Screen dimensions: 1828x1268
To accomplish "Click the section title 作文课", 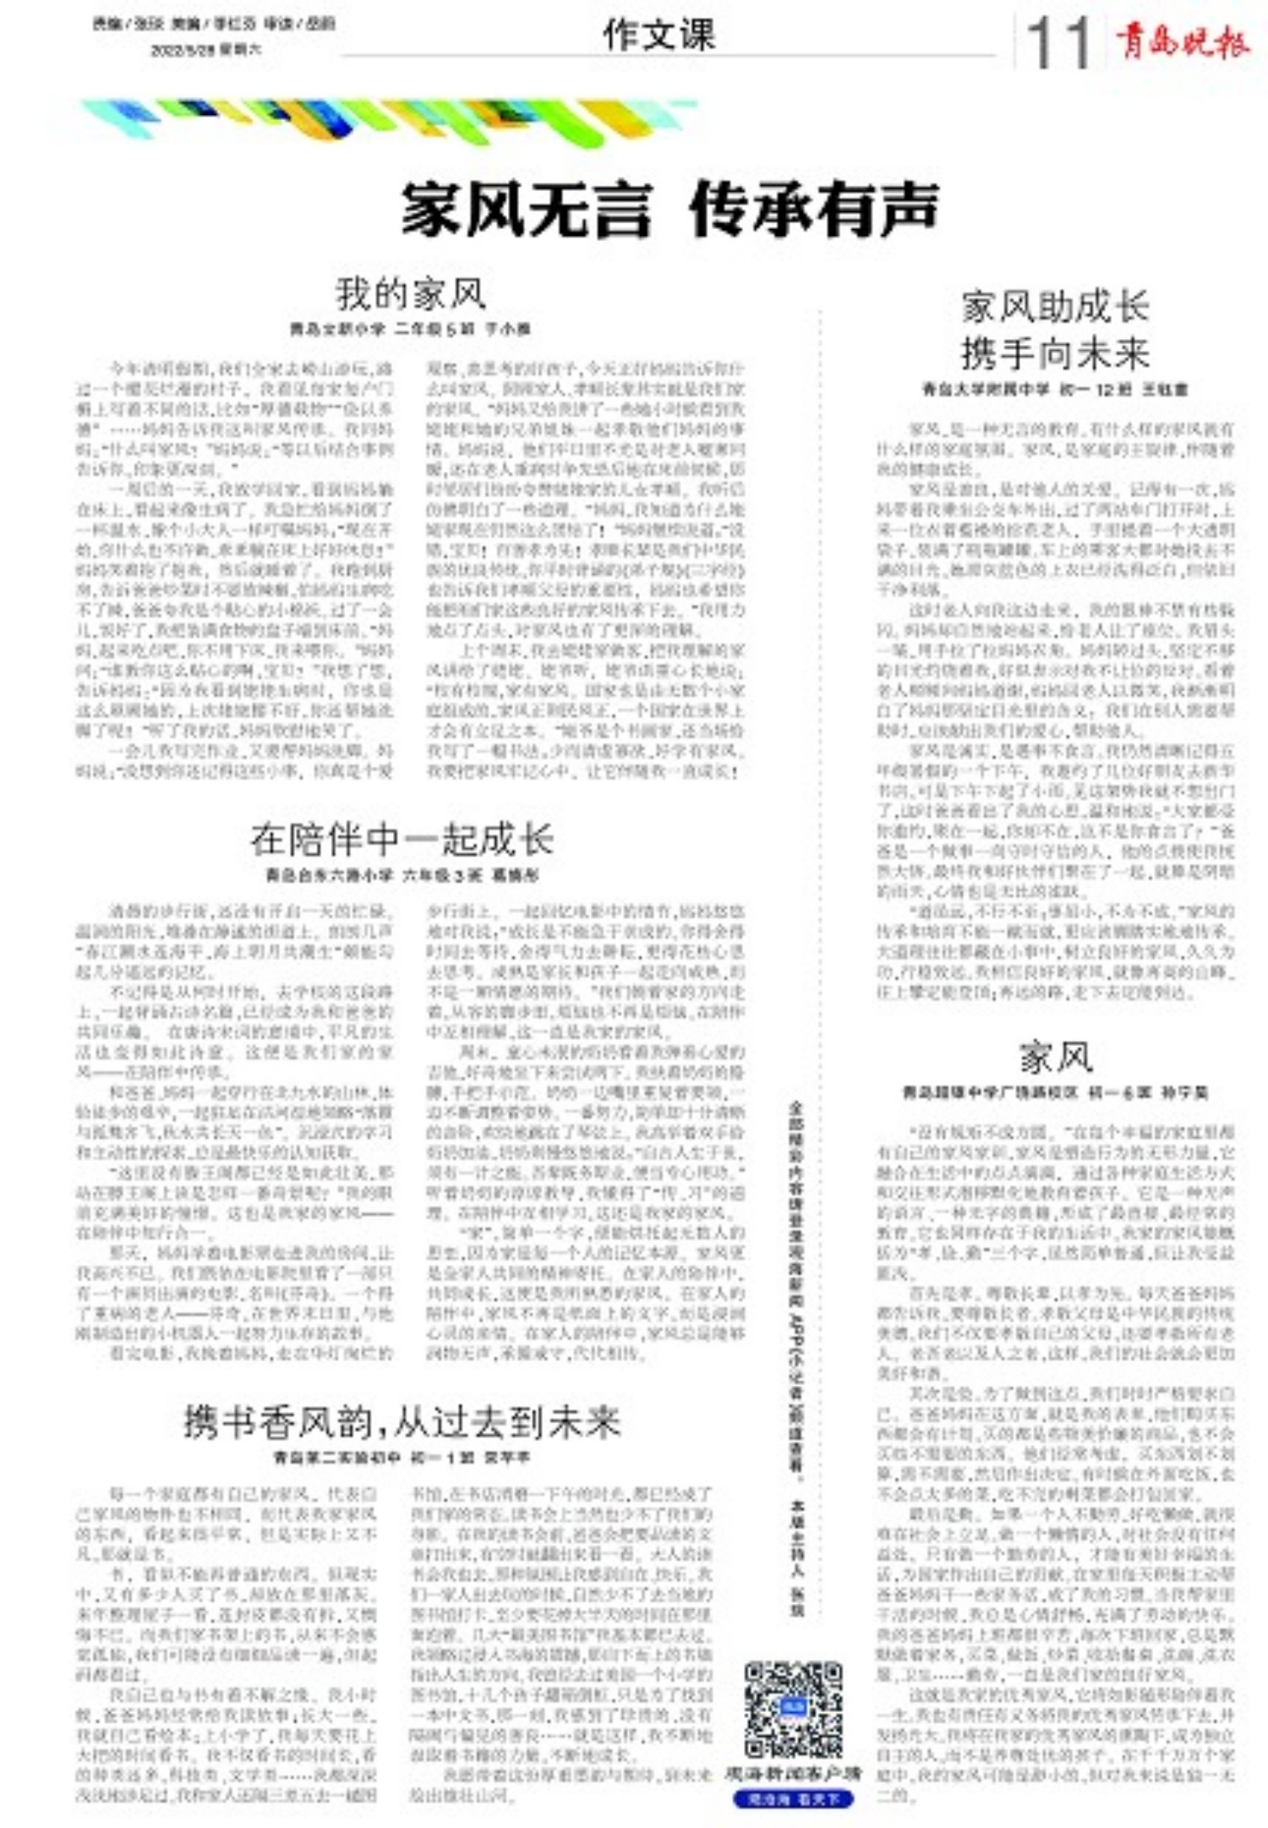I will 659,36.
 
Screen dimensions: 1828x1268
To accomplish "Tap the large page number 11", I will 1058,44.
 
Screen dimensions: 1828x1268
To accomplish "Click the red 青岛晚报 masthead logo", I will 1181,41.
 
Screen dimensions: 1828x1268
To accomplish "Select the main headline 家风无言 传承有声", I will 670,209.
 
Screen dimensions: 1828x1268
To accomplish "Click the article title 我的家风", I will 411,293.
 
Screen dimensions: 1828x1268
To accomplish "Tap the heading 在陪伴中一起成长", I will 402,839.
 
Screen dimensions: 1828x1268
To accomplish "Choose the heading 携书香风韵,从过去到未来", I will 402,1421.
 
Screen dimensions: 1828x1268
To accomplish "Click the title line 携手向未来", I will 1055,353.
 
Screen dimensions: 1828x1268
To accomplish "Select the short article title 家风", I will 1055,1057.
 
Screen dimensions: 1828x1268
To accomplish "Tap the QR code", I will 793,1709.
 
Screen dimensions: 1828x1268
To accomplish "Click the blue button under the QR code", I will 793,1798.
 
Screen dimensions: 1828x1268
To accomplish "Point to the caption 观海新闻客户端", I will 793,1773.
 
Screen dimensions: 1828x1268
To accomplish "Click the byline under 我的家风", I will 410,328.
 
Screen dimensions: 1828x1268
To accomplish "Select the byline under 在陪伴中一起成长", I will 402,875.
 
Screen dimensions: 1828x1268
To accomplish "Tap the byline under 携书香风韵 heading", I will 402,1458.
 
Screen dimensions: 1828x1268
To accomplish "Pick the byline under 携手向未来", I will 1055,390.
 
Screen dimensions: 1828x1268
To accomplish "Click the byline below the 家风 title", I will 1055,1092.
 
